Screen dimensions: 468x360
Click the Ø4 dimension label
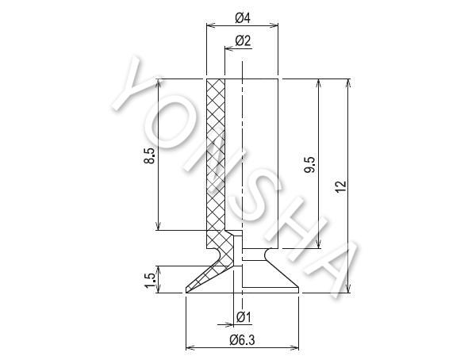tap(243, 18)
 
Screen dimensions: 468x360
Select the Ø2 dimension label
tap(244, 40)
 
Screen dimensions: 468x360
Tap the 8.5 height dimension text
tap(150, 155)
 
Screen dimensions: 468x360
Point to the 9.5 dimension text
tap(309, 165)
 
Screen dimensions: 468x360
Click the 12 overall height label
tap(340, 186)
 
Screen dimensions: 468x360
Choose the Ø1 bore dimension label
tap(244, 317)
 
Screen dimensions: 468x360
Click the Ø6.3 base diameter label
tap(243, 339)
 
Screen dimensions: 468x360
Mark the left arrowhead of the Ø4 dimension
tap(211, 25)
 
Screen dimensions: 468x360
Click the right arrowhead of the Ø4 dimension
tap(274, 25)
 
